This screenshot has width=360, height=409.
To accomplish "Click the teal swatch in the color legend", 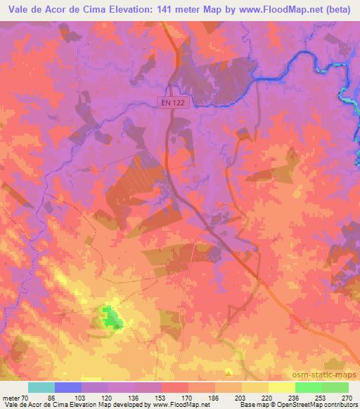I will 41,387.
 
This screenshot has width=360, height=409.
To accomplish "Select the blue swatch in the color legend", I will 68,387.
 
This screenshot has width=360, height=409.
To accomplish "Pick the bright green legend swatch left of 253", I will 308,387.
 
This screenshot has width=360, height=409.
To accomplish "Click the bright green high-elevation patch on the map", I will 111,318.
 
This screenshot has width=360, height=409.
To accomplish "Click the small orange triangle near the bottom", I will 228,372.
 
